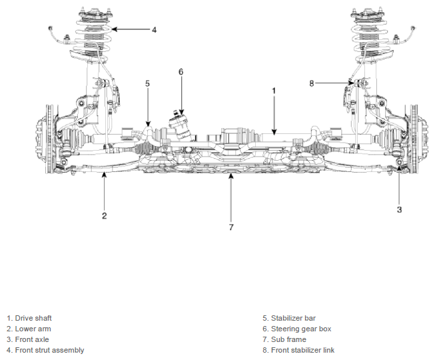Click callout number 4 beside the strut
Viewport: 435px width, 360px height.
pyautogui.click(x=155, y=30)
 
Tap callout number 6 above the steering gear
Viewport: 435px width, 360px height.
pyautogui.click(x=181, y=72)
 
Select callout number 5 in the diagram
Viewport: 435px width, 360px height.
pyautogui.click(x=148, y=83)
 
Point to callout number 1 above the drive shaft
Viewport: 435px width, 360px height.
pyautogui.click(x=274, y=91)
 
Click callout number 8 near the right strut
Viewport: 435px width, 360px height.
pyautogui.click(x=312, y=83)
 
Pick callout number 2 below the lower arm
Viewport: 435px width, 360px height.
pyautogui.click(x=105, y=216)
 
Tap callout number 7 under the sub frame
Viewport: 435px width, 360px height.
pyautogui.click(x=231, y=227)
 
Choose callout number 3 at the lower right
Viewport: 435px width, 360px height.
pyautogui.click(x=399, y=209)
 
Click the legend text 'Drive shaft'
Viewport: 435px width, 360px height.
pyautogui.click(x=33, y=318)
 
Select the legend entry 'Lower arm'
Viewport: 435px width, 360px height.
pyautogui.click(x=33, y=329)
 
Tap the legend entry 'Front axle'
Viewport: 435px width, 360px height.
pyautogui.click(x=32, y=339)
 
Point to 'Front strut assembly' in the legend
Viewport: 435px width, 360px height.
pyautogui.click(x=49, y=350)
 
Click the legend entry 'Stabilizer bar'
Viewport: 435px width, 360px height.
pyautogui.click(x=293, y=318)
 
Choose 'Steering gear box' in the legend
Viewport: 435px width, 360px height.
pyautogui.click(x=301, y=329)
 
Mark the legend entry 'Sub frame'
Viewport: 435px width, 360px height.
pyautogui.click(x=288, y=339)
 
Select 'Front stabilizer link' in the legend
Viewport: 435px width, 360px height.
pyautogui.click(x=302, y=350)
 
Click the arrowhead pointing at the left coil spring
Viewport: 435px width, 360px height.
pyautogui.click(x=115, y=29)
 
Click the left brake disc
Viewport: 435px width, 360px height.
pyautogui.click(x=50, y=139)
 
